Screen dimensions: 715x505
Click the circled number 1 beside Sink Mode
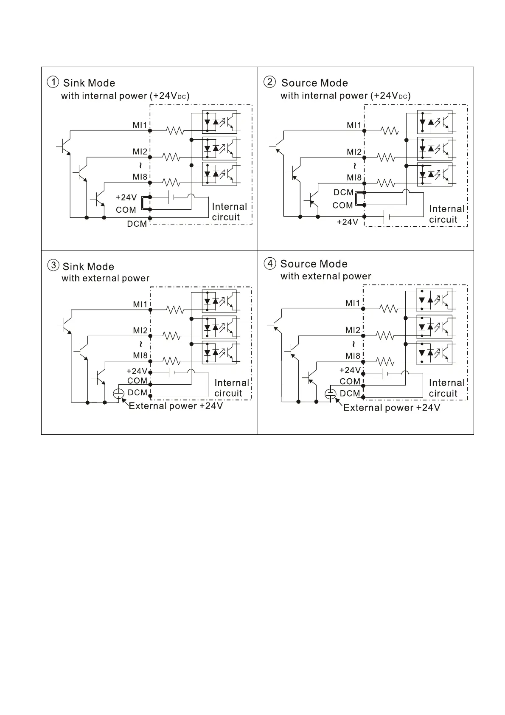pyautogui.click(x=53, y=82)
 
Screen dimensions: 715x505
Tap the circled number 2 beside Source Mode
pyautogui.click(x=269, y=82)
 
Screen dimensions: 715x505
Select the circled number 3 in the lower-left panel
pyautogui.click(x=53, y=266)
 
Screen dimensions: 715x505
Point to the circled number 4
pyautogui.click(x=270, y=263)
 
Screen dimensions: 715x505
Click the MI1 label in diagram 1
pyautogui.click(x=140, y=125)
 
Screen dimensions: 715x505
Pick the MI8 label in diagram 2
pyautogui.click(x=354, y=177)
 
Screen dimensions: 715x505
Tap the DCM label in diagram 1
pyautogui.click(x=137, y=224)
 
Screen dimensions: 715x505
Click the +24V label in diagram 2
pyautogui.click(x=347, y=222)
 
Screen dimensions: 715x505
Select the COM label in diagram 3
pyautogui.click(x=137, y=381)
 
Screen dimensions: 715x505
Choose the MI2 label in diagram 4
pyautogui.click(x=353, y=330)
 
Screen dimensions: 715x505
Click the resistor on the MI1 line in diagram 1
pyautogui.click(x=175, y=131)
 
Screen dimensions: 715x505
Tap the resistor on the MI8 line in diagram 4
pyautogui.click(x=385, y=361)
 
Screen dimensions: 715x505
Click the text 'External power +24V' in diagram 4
pyautogui.click(x=391, y=408)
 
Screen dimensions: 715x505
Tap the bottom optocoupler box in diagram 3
pyautogui.click(x=219, y=352)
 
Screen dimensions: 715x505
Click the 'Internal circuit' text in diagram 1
pyautogui.click(x=229, y=212)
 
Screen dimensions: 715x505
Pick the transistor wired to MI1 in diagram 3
pyautogui.click(x=65, y=325)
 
